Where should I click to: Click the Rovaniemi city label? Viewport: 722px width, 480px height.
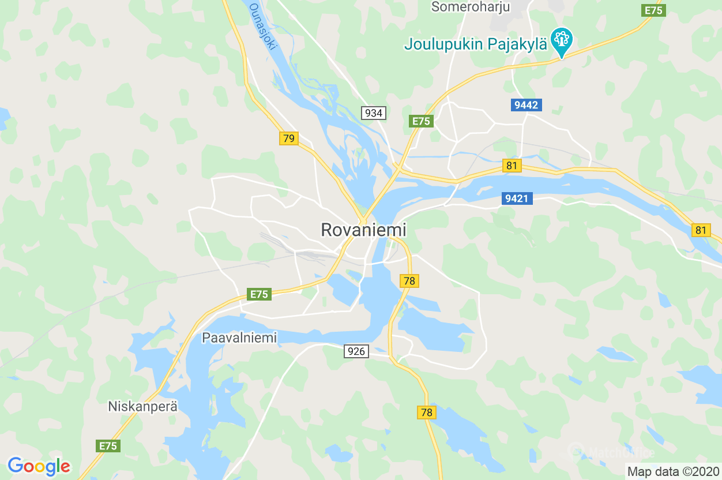tap(363, 230)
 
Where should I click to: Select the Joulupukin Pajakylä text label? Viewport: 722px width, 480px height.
tap(476, 44)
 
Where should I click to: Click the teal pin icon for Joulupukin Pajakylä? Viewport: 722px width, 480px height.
tap(561, 40)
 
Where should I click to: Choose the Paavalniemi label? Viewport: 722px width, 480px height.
tap(239, 337)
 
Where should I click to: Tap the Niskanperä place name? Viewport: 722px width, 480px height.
tap(142, 406)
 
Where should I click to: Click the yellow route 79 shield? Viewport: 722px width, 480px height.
tap(289, 138)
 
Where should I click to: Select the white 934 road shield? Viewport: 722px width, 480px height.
tap(374, 113)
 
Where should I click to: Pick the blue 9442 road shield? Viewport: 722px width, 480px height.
tap(526, 105)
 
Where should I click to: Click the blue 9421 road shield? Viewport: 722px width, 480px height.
tap(516, 198)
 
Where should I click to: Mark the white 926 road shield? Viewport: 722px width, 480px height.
tap(356, 351)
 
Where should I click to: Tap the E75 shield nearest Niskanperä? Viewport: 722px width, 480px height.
tap(108, 446)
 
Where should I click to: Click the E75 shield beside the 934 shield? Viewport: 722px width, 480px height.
tap(421, 121)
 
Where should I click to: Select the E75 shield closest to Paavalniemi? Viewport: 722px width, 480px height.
tap(260, 294)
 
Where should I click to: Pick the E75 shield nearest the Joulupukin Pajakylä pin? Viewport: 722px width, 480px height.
tap(653, 10)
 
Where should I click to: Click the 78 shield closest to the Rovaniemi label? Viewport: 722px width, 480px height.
tap(409, 281)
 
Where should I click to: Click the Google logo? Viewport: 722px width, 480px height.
tap(39, 466)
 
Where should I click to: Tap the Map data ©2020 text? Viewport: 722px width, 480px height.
tap(673, 472)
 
